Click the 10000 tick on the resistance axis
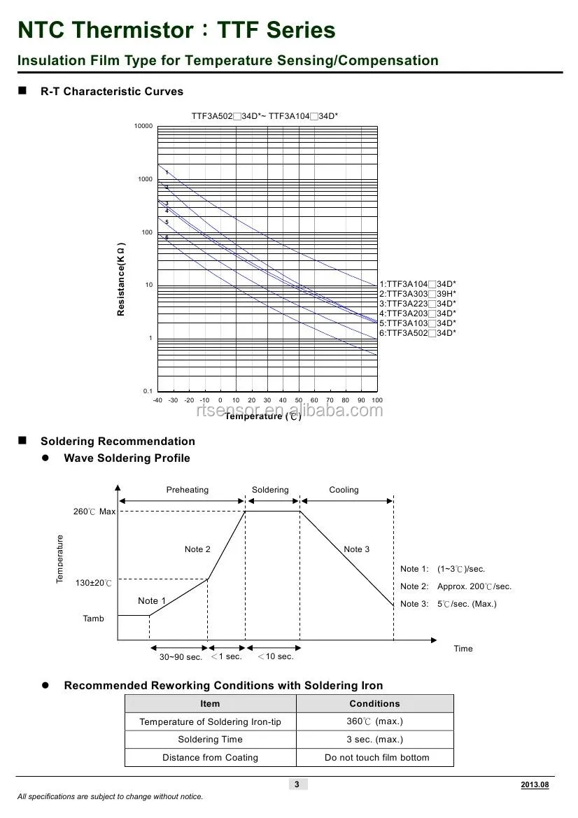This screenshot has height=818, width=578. (143, 126)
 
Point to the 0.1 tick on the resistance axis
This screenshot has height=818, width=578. (147, 391)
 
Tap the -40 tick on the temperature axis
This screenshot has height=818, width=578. (157, 400)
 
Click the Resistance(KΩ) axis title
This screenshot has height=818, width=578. (121, 279)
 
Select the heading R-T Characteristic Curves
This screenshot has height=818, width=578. (112, 92)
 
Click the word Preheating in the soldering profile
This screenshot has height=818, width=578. (187, 490)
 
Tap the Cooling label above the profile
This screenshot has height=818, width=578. (344, 490)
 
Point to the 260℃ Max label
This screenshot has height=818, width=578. (94, 512)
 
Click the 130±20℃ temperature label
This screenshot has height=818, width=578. (94, 583)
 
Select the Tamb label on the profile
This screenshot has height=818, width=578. (93, 619)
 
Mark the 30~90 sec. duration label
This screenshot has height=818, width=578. (181, 657)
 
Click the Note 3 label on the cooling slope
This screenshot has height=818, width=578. (356, 549)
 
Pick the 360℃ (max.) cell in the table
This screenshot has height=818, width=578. (374, 721)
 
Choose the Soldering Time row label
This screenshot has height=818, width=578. (210, 740)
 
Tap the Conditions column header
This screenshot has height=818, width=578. (374, 704)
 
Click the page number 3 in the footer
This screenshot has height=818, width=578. (297, 784)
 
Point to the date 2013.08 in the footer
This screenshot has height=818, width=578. (535, 785)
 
